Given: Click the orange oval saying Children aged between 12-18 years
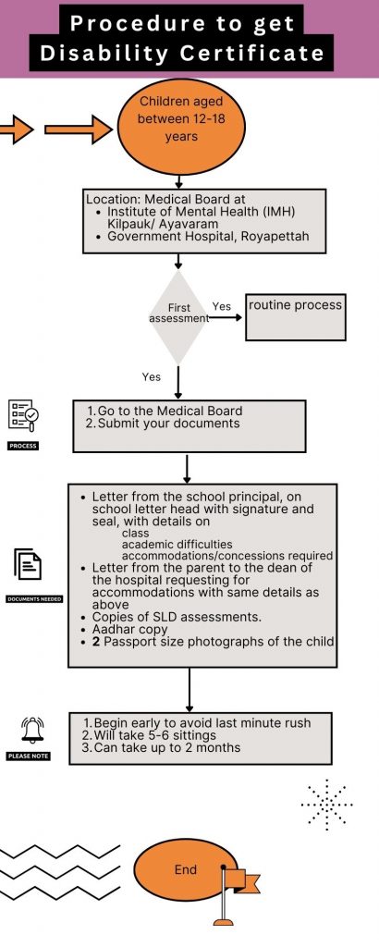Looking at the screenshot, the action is pos(181,127).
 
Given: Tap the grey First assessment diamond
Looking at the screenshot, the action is pos(178,317).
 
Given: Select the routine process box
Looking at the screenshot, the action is pos(296,318).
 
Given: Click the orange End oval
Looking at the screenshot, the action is pos(185,870).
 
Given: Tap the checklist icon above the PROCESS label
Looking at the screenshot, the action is pos(23,415).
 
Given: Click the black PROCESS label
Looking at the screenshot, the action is pos(23,446).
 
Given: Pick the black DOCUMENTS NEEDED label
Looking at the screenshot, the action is pos(34,599).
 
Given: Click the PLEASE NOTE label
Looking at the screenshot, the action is pos(29,756).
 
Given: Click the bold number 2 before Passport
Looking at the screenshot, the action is pos(95,641).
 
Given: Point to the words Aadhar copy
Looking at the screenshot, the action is pos(129,629).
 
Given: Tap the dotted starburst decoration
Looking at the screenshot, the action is pos(326,805).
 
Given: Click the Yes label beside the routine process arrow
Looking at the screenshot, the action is pos(222,306).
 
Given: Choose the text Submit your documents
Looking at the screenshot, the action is pos(168,424).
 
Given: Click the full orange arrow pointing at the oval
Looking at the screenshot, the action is pos(79,129).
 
